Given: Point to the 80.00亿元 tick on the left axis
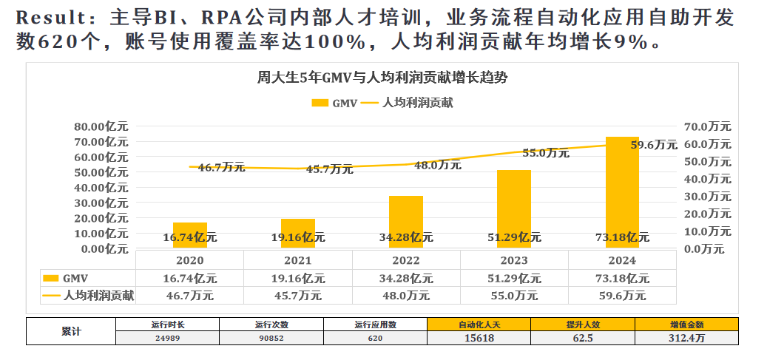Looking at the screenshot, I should point(101,126).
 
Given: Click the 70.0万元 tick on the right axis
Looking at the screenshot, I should point(708,126).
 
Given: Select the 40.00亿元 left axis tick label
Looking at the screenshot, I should point(101,187).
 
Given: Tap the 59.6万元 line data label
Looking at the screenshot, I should point(653,145).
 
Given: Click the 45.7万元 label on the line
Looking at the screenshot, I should point(329,169).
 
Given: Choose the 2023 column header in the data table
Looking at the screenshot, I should point(513,260).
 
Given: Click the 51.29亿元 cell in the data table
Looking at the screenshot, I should point(513,278).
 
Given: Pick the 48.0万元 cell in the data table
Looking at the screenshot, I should point(405,295).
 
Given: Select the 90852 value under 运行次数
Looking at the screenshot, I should point(271,337).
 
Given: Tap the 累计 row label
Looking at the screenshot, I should point(71,330).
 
